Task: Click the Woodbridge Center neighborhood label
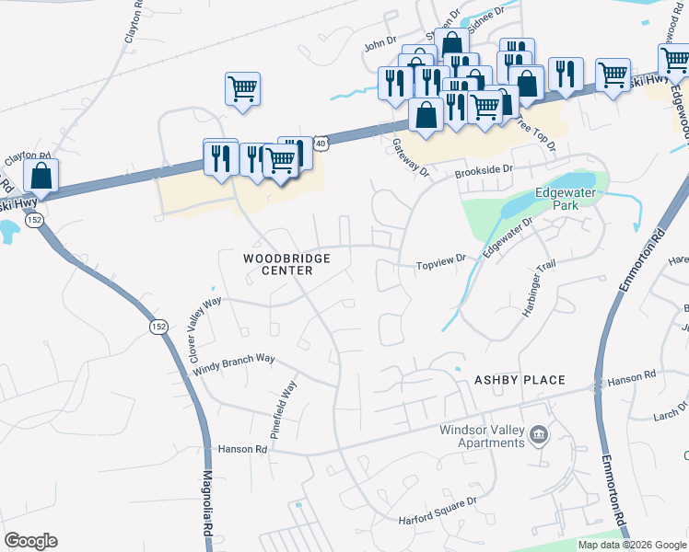click(286, 265)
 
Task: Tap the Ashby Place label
click(519, 380)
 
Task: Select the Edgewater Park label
click(566, 200)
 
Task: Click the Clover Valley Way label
click(204, 328)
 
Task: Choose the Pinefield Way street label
click(283, 408)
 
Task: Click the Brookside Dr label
click(483, 170)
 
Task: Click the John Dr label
click(379, 43)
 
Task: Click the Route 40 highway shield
click(320, 143)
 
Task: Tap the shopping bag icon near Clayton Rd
click(41, 174)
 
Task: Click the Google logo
click(31, 541)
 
